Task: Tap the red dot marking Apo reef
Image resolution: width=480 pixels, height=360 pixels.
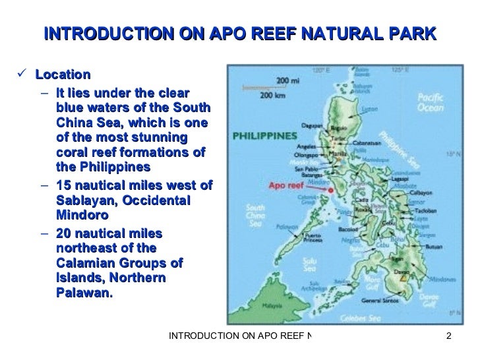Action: [330, 190]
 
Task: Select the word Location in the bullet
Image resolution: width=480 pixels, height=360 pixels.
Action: [62, 73]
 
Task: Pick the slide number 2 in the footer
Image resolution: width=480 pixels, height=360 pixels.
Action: [448, 341]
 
